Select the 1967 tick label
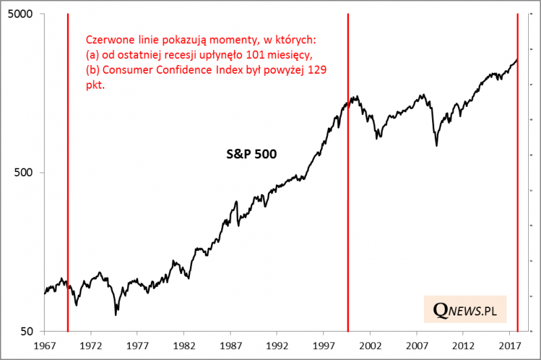(x=45, y=345)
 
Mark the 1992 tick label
(x=277, y=345)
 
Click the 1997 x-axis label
(x=324, y=345)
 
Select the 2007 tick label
(x=417, y=345)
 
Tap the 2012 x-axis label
(x=463, y=345)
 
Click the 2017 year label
(x=510, y=345)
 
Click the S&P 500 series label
(x=252, y=154)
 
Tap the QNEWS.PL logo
(x=465, y=310)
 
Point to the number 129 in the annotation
(x=318, y=70)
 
